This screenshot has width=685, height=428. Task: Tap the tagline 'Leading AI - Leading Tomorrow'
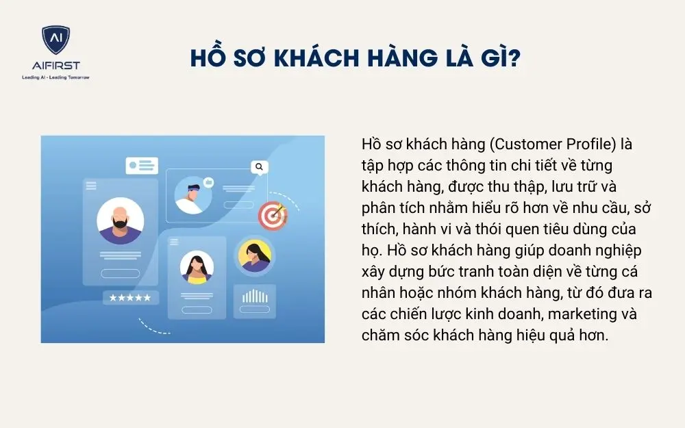56,77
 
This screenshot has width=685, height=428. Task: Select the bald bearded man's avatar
121,221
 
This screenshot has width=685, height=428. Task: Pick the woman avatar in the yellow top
197,267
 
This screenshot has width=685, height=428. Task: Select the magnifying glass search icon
258,166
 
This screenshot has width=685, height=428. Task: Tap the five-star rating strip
130,297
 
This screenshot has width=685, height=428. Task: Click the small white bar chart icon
254,297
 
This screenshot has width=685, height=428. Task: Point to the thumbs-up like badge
208,183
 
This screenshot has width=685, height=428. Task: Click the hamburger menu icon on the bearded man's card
90,184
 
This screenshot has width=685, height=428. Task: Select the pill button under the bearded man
120,274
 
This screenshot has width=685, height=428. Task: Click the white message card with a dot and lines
142,166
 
